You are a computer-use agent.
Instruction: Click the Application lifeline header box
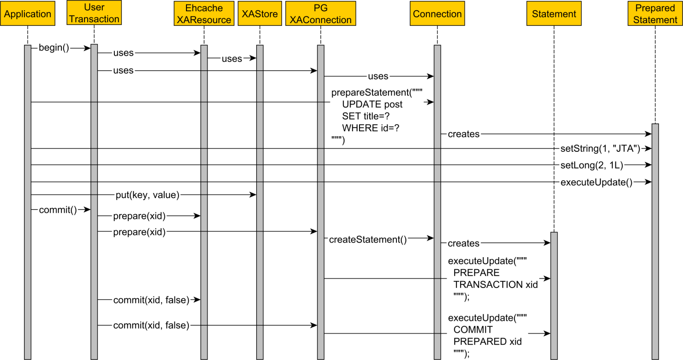tap(28, 14)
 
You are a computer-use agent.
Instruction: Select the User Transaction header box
tap(94, 13)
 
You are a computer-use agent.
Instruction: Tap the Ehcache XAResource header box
tap(204, 14)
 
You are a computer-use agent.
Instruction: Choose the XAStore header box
tap(260, 14)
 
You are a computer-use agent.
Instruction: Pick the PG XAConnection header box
tap(320, 14)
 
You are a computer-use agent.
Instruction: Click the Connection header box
tap(437, 14)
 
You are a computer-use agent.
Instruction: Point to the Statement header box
tap(554, 14)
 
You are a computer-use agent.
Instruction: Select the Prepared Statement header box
tap(655, 14)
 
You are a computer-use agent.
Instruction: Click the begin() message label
tap(54, 48)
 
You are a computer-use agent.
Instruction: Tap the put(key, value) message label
tap(147, 194)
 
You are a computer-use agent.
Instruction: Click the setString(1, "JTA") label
tap(600, 148)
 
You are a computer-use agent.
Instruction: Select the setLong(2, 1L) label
tap(591, 165)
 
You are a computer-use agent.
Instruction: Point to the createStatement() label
tap(368, 239)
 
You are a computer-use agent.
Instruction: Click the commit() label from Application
tap(58, 210)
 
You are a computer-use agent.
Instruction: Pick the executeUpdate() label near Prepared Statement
tap(596, 182)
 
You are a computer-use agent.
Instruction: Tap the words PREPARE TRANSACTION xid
tap(495, 279)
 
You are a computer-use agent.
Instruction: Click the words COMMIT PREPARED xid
tap(487, 336)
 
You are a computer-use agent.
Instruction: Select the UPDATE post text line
tap(372, 104)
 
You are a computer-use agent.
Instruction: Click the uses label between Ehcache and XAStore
tap(232, 59)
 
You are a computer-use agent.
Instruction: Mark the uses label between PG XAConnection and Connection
tap(378, 76)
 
